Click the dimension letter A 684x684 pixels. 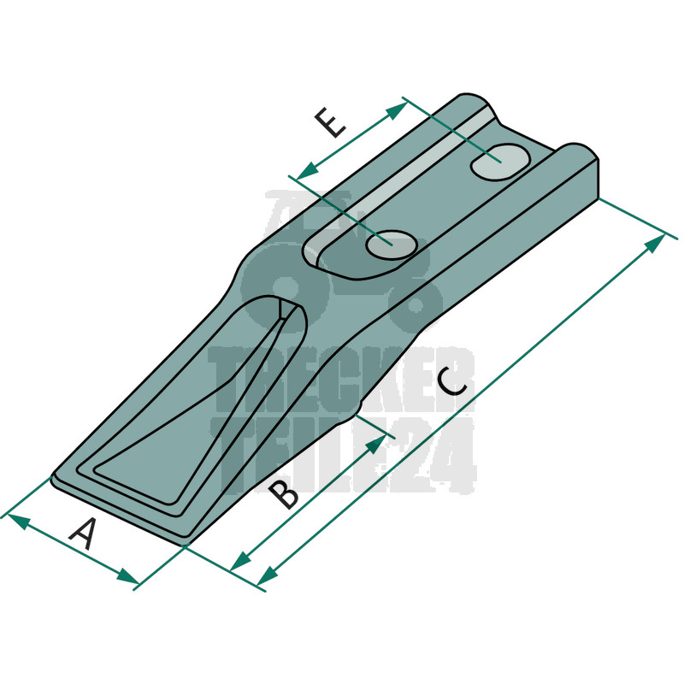point(84,534)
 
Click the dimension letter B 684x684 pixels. point(284,494)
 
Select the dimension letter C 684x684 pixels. point(453,382)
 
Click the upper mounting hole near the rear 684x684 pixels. point(500,162)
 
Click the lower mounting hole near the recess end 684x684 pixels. point(392,245)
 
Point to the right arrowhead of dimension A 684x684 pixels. point(127,576)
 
